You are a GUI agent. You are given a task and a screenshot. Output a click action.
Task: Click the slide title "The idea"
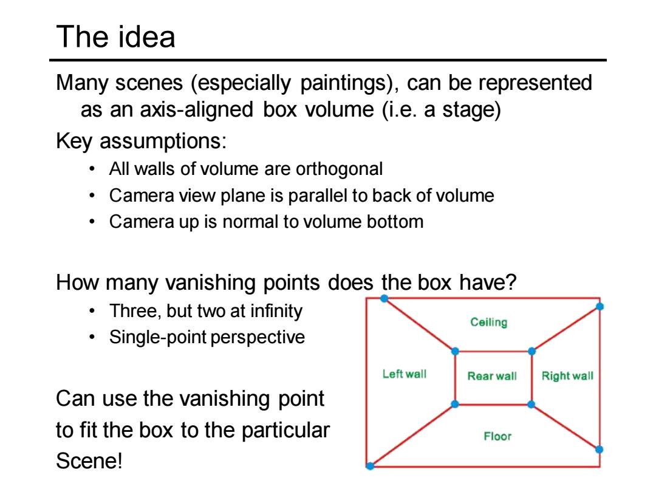coord(115,37)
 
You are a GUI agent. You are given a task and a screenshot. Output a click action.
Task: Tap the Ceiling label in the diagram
coord(488,322)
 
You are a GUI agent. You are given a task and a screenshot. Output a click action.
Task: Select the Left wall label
coord(404,374)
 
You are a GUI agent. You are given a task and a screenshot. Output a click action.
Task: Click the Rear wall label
coord(492,376)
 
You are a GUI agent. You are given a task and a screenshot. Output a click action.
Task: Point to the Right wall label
coord(567,376)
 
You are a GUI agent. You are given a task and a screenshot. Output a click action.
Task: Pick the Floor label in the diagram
coord(497,436)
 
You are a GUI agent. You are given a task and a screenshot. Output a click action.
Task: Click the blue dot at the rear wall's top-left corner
coord(455,352)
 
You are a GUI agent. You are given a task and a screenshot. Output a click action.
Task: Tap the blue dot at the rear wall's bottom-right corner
coord(531,405)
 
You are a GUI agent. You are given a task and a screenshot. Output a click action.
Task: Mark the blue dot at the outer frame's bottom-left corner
coord(371,466)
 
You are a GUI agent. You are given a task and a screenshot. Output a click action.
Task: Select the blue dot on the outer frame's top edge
coord(384,298)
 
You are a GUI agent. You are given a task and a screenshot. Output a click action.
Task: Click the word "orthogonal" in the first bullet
coord(340,169)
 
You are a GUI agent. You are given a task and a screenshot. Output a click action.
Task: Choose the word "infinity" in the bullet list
coord(276,311)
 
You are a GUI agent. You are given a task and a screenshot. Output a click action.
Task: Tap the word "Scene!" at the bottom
coord(89,461)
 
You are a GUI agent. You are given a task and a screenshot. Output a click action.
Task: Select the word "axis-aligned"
coord(197,109)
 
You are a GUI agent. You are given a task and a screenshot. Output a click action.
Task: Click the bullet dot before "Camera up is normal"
coord(92,222)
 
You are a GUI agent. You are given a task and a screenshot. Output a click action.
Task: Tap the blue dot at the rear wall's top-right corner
coord(531,352)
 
